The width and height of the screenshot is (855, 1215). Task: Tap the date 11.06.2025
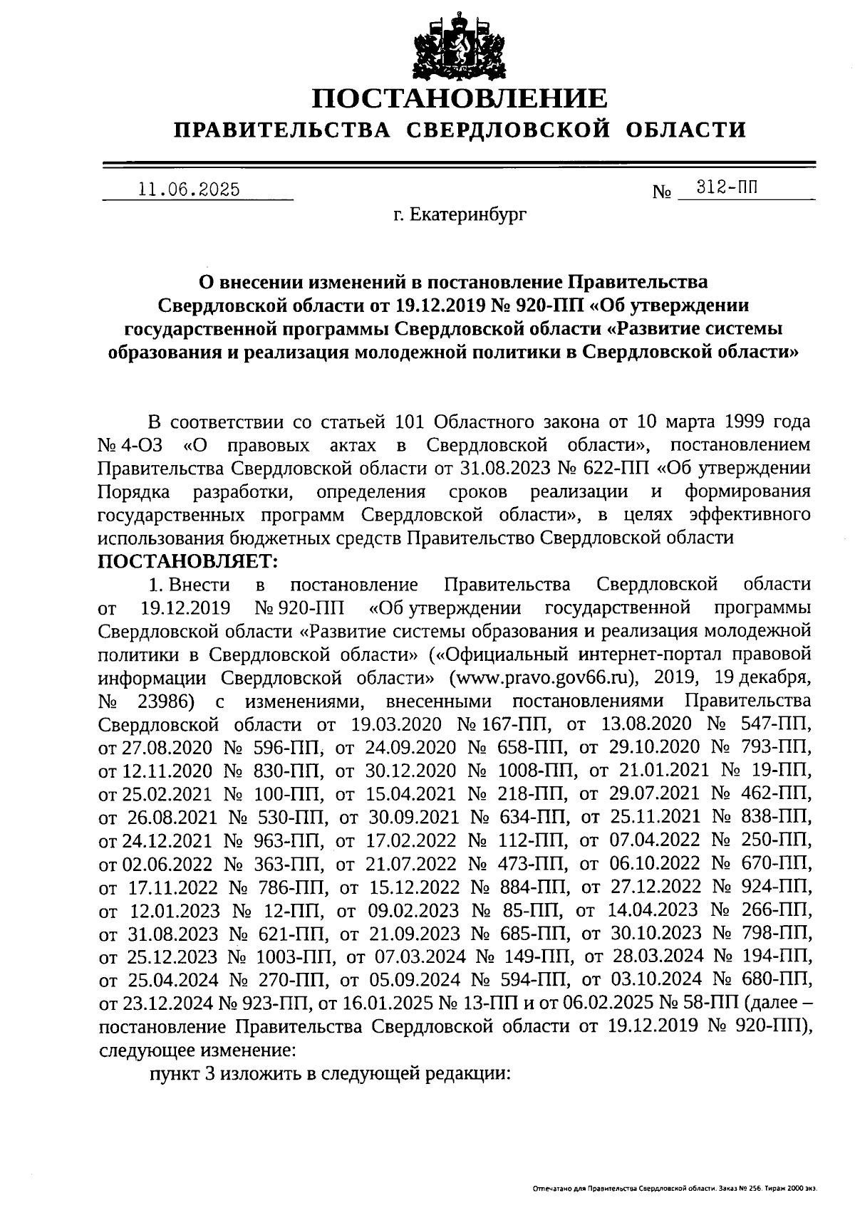click(190, 189)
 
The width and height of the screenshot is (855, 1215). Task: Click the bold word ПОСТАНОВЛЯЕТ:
click(188, 561)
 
